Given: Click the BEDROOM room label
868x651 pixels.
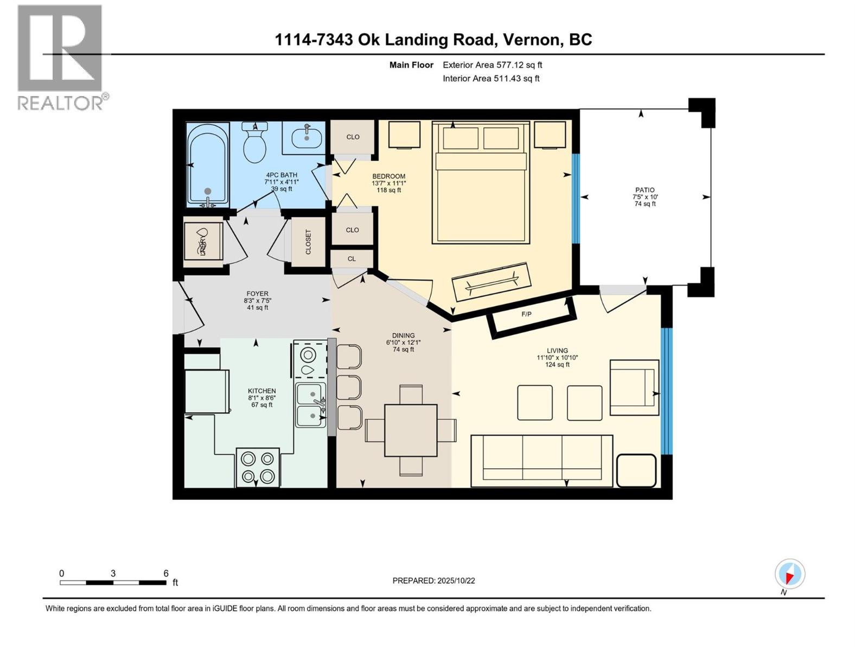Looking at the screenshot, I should click(x=388, y=176).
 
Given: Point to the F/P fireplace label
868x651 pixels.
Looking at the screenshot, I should click(x=526, y=314).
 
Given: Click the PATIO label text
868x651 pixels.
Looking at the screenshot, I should click(x=644, y=190).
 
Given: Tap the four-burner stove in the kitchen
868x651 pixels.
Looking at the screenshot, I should click(x=258, y=467).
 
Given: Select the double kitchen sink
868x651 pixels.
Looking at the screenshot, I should click(x=310, y=405).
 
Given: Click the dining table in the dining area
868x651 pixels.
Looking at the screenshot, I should click(x=411, y=430).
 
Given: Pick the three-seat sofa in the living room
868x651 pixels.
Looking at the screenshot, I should click(x=542, y=460).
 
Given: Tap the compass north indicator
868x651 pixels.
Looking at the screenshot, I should click(x=790, y=575).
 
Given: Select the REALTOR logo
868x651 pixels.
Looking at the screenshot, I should click(x=60, y=57).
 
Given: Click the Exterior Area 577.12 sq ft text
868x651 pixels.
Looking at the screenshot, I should click(x=492, y=65).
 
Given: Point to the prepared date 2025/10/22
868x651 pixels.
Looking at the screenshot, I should click(x=433, y=580).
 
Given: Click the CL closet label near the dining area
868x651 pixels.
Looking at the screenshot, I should click(x=352, y=259).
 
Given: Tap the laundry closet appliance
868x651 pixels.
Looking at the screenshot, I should click(x=203, y=241).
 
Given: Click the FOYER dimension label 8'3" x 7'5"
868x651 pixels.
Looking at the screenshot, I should click(x=257, y=301).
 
